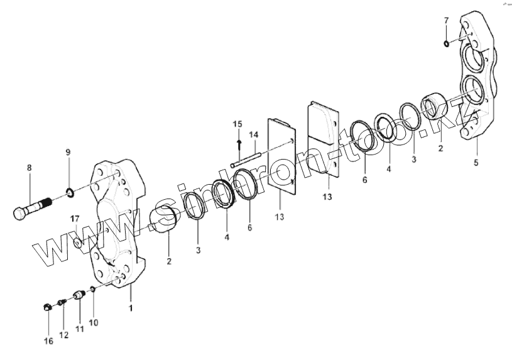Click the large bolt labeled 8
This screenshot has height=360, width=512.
pyautogui.click(x=31, y=207)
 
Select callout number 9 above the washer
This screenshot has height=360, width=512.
pyautogui.click(x=68, y=152)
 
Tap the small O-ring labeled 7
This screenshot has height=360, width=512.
pyautogui.click(x=445, y=43)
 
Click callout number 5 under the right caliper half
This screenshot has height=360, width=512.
pyautogui.click(x=476, y=163)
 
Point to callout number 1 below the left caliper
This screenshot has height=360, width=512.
pyautogui.click(x=131, y=308)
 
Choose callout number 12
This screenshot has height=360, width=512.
pyautogui.click(x=64, y=335)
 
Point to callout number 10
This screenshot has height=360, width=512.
pyautogui.click(x=94, y=322)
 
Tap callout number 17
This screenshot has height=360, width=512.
pyautogui.click(x=74, y=219)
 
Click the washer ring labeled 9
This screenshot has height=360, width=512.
pyautogui.click(x=69, y=190)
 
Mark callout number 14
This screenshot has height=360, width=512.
pyautogui.click(x=253, y=134)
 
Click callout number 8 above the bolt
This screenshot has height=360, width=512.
pyautogui.click(x=28, y=168)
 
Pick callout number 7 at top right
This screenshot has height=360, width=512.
pyautogui.click(x=446, y=21)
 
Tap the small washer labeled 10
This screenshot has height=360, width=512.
pyautogui.click(x=92, y=290)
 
